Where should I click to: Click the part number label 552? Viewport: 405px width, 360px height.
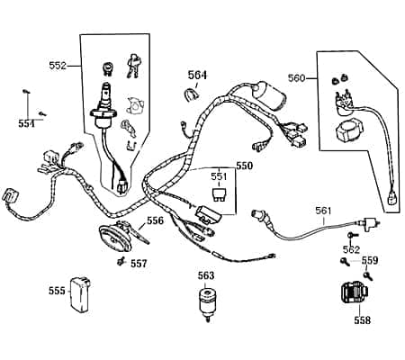[x=58, y=66]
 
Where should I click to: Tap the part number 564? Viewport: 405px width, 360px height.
[x=197, y=75]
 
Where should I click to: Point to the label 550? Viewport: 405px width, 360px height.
[x=244, y=166]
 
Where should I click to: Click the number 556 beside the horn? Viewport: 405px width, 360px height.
[x=156, y=220]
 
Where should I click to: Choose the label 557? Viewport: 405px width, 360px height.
[x=139, y=264]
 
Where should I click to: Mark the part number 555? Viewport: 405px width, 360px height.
[x=57, y=290]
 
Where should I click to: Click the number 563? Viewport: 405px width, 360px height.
[x=206, y=275]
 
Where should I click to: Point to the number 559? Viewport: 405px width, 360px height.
[x=370, y=260]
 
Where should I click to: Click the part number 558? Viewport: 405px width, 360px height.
[x=361, y=319]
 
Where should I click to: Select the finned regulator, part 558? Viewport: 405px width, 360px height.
[x=352, y=294]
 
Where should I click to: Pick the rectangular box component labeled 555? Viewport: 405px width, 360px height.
[x=85, y=293]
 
